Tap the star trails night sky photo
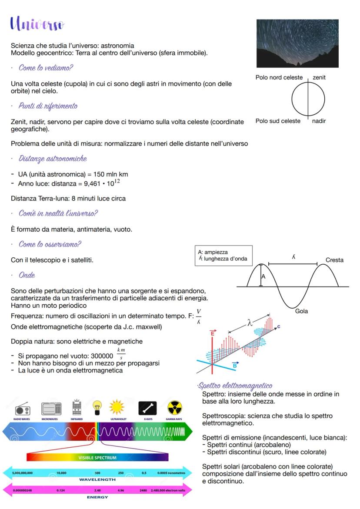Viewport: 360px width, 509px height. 297,43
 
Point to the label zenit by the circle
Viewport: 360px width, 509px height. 319,77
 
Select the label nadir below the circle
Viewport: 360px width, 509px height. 319,121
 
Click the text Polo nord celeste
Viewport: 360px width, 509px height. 279,77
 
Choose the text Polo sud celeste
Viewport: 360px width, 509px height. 278,121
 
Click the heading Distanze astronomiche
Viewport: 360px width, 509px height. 53,158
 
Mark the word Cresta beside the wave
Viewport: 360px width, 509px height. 334,260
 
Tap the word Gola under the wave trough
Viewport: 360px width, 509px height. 301,311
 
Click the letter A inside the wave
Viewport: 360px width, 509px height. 263,276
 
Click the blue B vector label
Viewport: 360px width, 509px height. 235,365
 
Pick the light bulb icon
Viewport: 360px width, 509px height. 97,408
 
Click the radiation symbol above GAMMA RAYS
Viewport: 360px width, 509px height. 174,408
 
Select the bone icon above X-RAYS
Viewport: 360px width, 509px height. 147,408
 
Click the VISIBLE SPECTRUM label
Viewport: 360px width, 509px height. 97,458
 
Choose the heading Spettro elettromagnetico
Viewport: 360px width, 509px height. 235,386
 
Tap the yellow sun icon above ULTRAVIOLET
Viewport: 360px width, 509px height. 117,408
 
